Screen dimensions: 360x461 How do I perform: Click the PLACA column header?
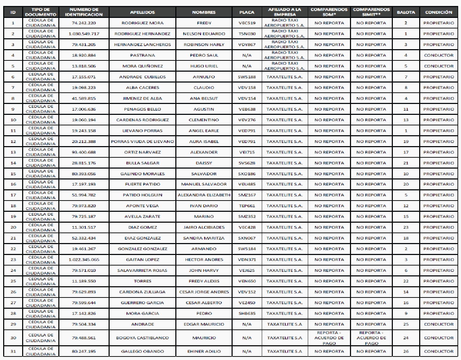coord(247,12)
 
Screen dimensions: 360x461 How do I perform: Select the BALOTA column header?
coord(406,12)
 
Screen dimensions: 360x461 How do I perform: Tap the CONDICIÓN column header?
coord(439,12)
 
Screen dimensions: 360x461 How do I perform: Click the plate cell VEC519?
coord(247,23)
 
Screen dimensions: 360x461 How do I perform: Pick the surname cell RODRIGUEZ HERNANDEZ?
coord(142,34)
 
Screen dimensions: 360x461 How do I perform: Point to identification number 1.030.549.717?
coord(84,34)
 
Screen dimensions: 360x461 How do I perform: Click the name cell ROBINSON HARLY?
coord(204,45)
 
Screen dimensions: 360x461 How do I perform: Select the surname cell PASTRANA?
coord(142,55)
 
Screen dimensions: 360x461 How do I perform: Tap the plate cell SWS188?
coord(247,77)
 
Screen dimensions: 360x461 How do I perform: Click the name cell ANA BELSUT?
coord(204,99)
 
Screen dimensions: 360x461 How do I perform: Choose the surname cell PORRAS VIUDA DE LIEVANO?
coord(142,142)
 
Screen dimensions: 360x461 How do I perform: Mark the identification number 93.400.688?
coord(84,152)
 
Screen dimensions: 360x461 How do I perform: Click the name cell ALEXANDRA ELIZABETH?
coord(204,195)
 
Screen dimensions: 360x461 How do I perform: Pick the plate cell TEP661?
coord(247,206)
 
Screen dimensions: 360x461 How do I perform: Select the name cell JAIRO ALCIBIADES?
coord(204,228)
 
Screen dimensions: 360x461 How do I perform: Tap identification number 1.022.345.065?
coord(84,260)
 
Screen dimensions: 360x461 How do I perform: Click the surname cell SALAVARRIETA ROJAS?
coord(142,270)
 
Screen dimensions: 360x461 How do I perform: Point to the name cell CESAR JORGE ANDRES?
coord(204,292)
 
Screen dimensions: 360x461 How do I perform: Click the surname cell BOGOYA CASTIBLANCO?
coord(142,338)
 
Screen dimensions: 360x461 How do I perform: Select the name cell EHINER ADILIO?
coord(204,351)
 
